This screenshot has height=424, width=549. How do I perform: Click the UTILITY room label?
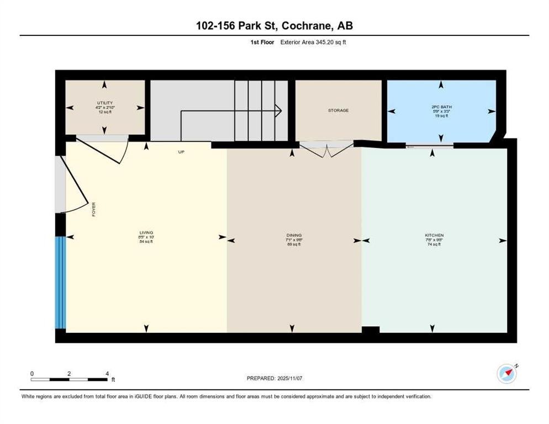[x=105, y=103]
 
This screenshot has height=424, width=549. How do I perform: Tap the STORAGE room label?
[x=338, y=110]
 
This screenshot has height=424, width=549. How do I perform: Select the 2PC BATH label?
[x=441, y=106]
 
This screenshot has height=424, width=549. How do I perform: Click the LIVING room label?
[x=146, y=233]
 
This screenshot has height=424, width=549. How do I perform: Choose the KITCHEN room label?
[x=434, y=235]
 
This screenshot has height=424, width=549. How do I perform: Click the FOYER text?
[x=94, y=209]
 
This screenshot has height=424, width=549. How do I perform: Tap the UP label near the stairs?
[x=181, y=152]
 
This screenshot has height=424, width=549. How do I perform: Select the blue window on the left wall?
[x=60, y=282]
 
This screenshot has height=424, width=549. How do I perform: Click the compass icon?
[x=506, y=374]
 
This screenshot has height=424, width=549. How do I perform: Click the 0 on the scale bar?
[x=32, y=374]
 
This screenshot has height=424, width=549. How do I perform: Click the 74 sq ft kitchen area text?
[x=434, y=244]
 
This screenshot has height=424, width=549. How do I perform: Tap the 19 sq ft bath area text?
[x=441, y=115]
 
